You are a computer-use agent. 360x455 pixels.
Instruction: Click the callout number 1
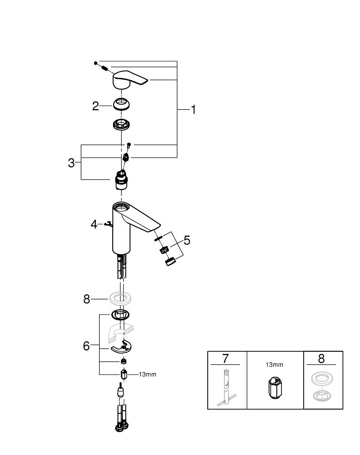(193, 110)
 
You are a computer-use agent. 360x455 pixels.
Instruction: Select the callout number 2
(95, 106)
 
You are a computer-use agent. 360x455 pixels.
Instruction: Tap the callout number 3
(71, 163)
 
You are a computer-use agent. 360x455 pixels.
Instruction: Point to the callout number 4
(94, 224)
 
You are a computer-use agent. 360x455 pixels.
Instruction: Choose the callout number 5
(187, 241)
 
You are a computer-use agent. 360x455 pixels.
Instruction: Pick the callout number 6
(86, 346)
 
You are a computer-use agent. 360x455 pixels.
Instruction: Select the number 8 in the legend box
(321, 359)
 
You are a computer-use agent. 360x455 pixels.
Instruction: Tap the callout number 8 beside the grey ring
(87, 299)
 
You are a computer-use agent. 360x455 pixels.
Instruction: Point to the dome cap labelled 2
(122, 105)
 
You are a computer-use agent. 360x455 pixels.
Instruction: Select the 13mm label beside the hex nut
(147, 374)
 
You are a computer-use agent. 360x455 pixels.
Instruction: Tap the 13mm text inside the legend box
(275, 364)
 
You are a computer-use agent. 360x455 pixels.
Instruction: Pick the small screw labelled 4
(108, 223)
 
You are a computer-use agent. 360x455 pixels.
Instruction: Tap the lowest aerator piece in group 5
(170, 263)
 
